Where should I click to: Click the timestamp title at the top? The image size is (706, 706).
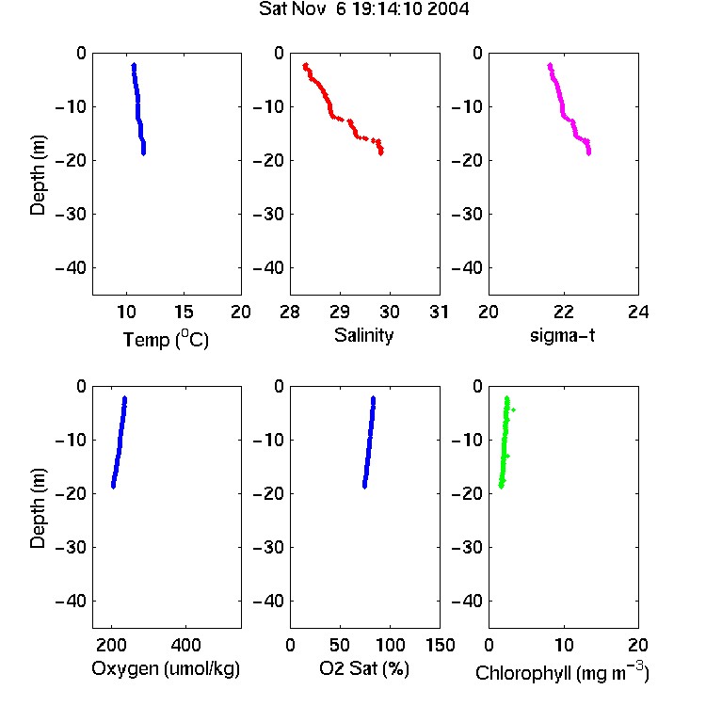pyautogui.click(x=363, y=9)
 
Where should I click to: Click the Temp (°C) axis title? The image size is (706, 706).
pyautogui.click(x=166, y=340)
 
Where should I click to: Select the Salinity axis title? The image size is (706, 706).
pyautogui.click(x=363, y=336)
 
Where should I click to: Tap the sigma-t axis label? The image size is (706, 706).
pyautogui.click(x=562, y=335)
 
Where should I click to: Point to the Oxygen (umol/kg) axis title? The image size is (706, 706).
pyautogui.click(x=166, y=668)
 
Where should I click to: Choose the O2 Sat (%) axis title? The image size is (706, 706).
pyautogui.click(x=364, y=668)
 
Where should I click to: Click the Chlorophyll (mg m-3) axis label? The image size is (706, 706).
pyautogui.click(x=562, y=671)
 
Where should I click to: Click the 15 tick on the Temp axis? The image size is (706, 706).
pyautogui.click(x=184, y=312)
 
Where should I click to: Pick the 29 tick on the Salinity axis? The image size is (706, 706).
pyautogui.click(x=340, y=312)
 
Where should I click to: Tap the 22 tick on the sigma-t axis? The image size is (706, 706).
pyautogui.click(x=563, y=312)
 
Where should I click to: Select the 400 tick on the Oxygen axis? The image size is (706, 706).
pyautogui.click(x=185, y=645)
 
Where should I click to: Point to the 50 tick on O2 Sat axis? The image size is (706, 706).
pyautogui.click(x=340, y=645)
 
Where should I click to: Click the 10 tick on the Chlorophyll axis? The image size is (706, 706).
pyautogui.click(x=563, y=645)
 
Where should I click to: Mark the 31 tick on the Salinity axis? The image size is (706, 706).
pyautogui.click(x=439, y=312)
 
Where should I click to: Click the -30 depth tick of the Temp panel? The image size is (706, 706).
pyautogui.click(x=71, y=215)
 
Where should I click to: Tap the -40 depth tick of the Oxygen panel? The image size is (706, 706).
pyautogui.click(x=71, y=602)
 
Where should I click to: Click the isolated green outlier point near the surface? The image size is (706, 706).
pyautogui.click(x=513, y=409)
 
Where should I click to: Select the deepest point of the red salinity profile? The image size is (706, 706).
pyautogui.click(x=381, y=153)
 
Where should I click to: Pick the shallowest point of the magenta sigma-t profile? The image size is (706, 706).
pyautogui.click(x=550, y=66)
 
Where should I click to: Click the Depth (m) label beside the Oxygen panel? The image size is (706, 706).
pyautogui.click(x=38, y=508)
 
